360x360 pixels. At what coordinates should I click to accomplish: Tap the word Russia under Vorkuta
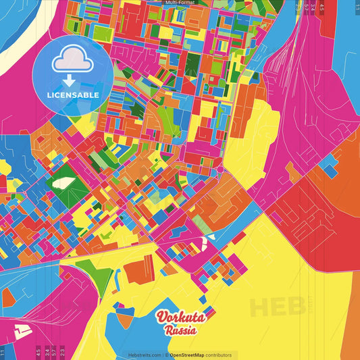click(x=180, y=331)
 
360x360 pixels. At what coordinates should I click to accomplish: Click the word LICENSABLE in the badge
click(x=73, y=95)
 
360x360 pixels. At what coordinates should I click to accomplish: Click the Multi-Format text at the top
click(x=179, y=3)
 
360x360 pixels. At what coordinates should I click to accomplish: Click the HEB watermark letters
click(x=277, y=306)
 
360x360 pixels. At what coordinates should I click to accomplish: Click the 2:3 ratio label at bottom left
click(x=62, y=351)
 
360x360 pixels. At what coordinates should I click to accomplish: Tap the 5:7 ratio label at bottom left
click(x=53, y=351)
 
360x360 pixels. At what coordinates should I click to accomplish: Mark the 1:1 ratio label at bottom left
click(x=3, y=351)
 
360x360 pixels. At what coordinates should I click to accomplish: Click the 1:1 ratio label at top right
click(x=357, y=6)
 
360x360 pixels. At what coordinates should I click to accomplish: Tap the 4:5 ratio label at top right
click(x=323, y=6)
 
